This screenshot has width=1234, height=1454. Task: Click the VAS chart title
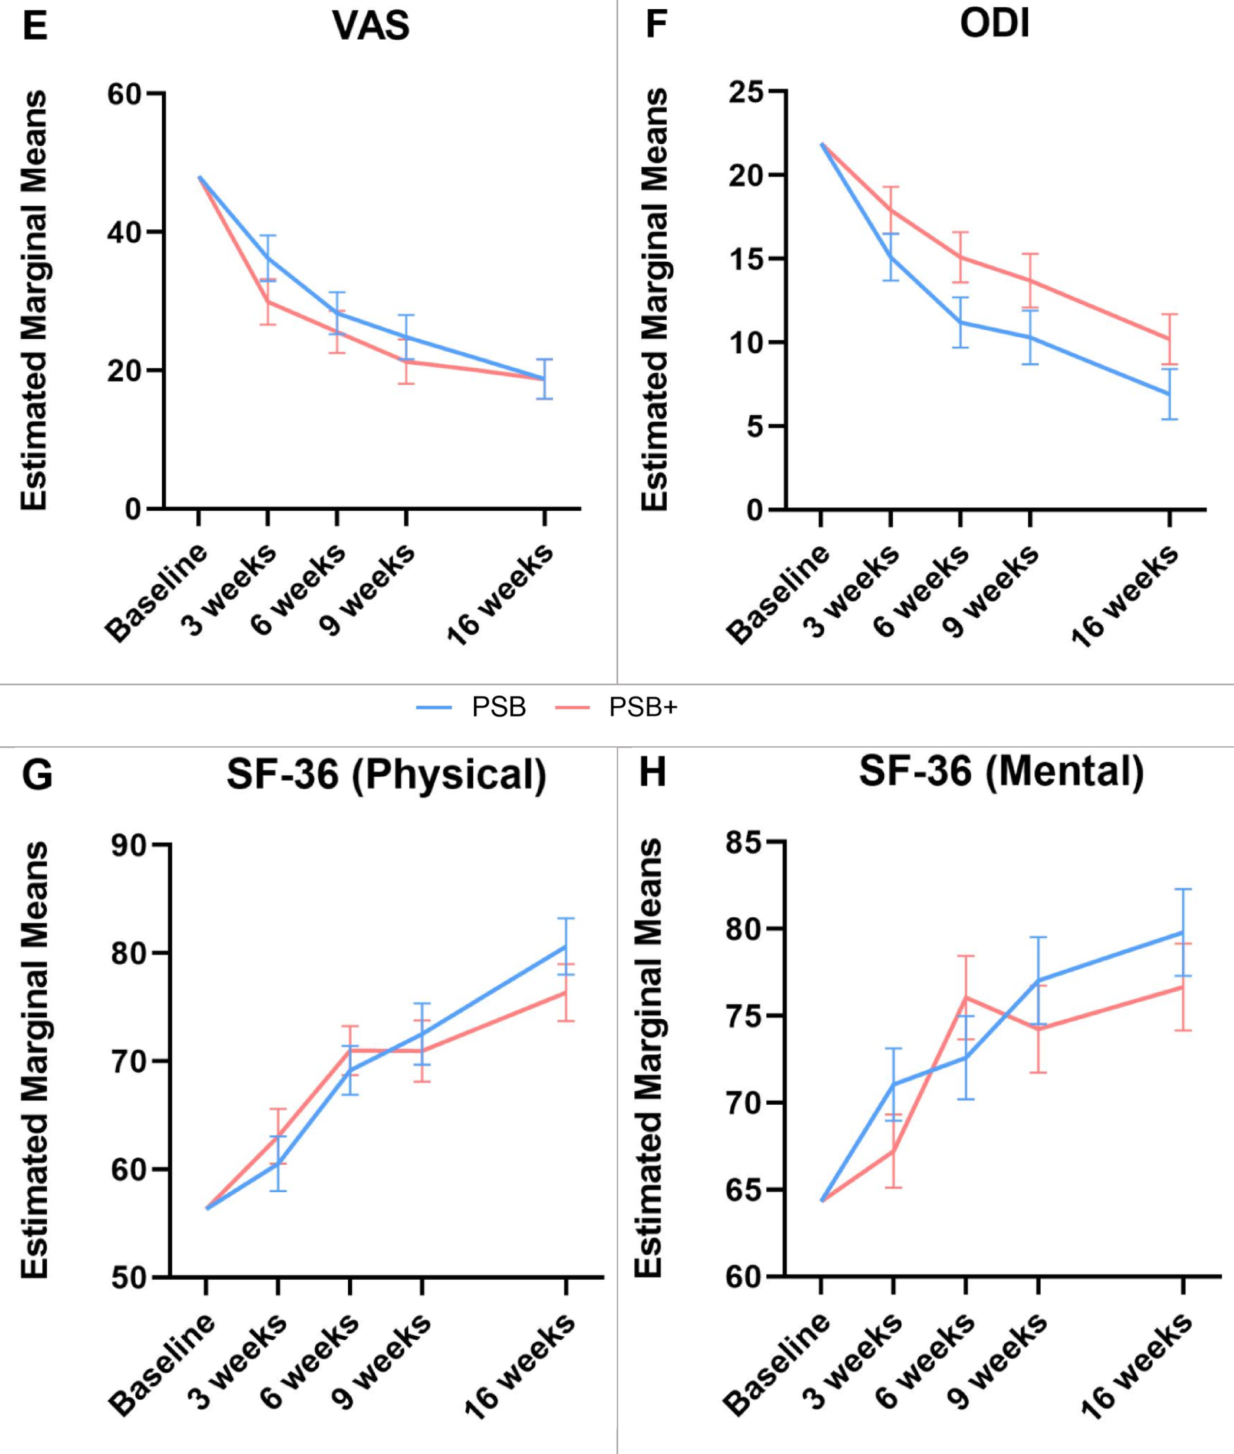pyautogui.click(x=371, y=26)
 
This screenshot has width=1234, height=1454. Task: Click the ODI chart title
pyautogui.click(x=994, y=25)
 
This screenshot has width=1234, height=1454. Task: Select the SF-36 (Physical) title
pyautogui.click(x=386, y=774)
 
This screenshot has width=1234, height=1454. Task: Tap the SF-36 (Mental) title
pyautogui.click(x=1001, y=772)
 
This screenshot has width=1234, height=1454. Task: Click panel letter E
pyautogui.click(x=35, y=25)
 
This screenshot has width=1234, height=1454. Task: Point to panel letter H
pyautogui.click(x=653, y=773)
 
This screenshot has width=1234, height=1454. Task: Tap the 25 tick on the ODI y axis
pyautogui.click(x=747, y=91)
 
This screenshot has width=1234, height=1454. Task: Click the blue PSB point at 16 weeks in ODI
pyautogui.click(x=1168, y=394)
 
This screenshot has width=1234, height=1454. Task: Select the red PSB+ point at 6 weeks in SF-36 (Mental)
pyautogui.click(x=965, y=997)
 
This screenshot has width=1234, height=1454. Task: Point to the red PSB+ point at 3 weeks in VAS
pyautogui.click(x=268, y=302)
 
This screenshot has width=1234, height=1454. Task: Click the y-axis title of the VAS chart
pyautogui.click(x=33, y=301)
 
